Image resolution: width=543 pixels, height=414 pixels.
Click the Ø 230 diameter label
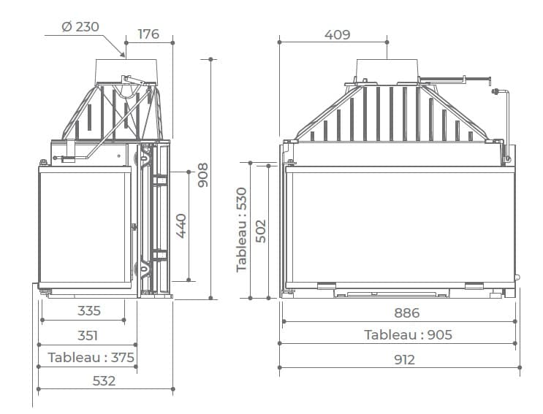coord(80,26)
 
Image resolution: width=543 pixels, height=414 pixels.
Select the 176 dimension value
coord(148,34)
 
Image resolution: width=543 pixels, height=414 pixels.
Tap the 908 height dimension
coord(202,175)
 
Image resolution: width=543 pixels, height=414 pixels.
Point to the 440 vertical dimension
coord(181,226)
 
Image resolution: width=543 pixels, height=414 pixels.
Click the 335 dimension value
coord(89,310)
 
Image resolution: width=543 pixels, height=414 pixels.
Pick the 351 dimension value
coord(88,335)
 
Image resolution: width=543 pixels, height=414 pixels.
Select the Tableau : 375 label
coord(91,357)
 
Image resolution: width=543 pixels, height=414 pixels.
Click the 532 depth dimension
coord(104,381)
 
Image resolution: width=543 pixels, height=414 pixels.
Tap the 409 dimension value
coord(338,34)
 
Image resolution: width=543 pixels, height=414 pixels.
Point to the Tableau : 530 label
coord(242,230)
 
